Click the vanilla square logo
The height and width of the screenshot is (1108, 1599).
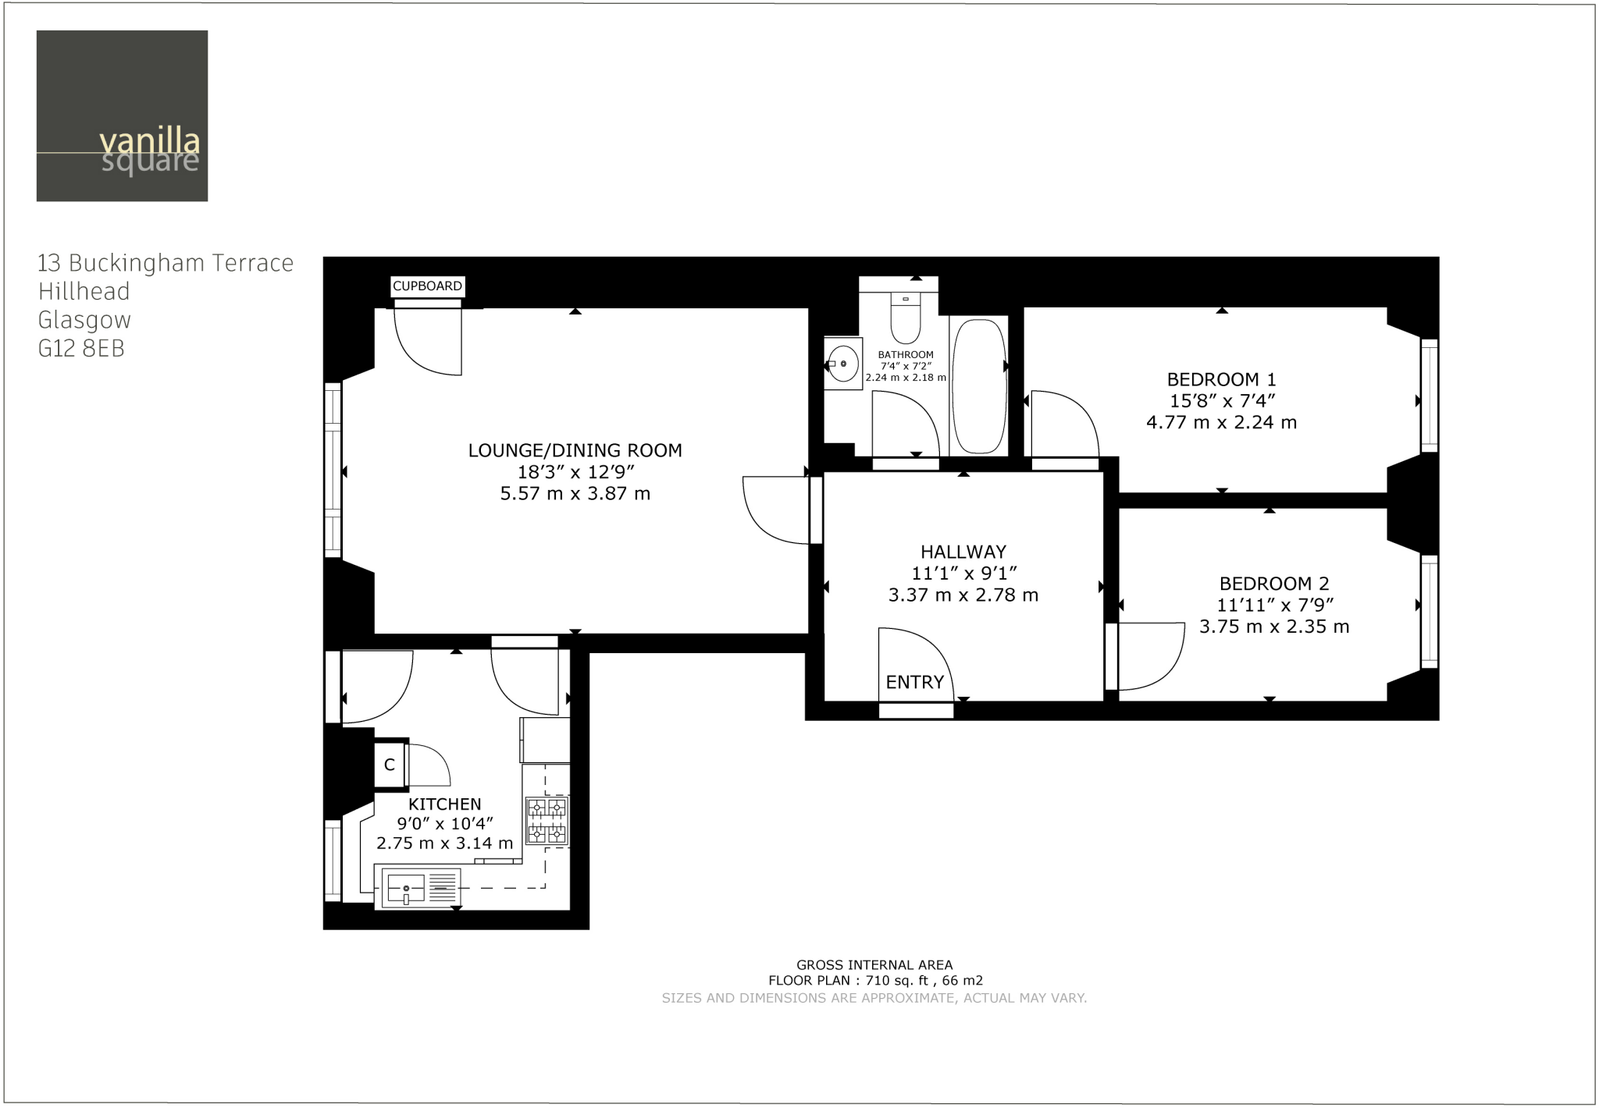pyautogui.click(x=122, y=115)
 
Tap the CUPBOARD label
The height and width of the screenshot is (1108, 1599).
pyautogui.click(x=427, y=286)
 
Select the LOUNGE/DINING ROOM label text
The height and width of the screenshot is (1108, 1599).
pyautogui.click(x=575, y=450)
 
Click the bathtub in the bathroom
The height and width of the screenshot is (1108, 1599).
pyautogui.click(x=979, y=385)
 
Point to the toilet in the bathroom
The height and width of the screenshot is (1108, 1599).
pyautogui.click(x=905, y=320)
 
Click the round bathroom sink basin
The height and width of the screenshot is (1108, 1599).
pyautogui.click(x=843, y=364)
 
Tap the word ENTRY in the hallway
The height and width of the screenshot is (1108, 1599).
pyautogui.click(x=914, y=682)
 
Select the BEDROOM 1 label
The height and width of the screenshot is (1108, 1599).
pyautogui.click(x=1221, y=380)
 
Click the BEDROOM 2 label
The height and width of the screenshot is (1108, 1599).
pyautogui.click(x=1273, y=584)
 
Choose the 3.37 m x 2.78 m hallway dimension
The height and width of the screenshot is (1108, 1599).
pyautogui.click(x=963, y=595)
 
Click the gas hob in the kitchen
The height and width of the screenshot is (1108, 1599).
pyautogui.click(x=547, y=820)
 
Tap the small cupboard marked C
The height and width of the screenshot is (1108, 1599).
pyautogui.click(x=390, y=765)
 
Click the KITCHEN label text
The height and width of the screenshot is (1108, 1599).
pyautogui.click(x=444, y=804)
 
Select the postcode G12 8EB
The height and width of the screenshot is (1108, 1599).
pyautogui.click(x=81, y=349)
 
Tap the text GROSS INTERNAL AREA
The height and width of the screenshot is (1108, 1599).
pyautogui.click(x=874, y=965)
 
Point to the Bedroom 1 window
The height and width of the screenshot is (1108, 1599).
pyautogui.click(x=1428, y=396)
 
